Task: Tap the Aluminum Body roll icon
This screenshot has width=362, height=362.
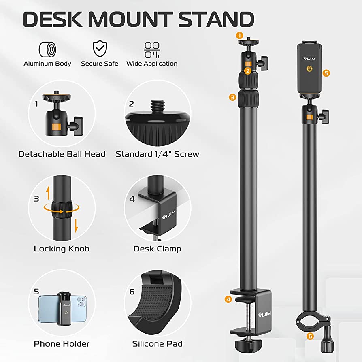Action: pyautogui.click(x=47, y=49)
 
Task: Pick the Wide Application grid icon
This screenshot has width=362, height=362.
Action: pyautogui.click(x=152, y=50)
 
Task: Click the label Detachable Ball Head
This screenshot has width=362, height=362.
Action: pyautogui.click(x=62, y=154)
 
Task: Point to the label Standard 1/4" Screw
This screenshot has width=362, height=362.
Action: pyautogui.click(x=157, y=154)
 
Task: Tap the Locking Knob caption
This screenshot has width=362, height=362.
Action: pyautogui.click(x=62, y=249)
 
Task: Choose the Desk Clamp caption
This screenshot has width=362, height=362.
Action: pyautogui.click(x=157, y=249)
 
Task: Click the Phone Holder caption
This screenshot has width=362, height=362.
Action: pyautogui.click(x=62, y=344)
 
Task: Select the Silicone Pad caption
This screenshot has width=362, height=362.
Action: pyautogui.click(x=157, y=344)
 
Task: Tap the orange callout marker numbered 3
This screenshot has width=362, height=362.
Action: pyautogui.click(x=232, y=97)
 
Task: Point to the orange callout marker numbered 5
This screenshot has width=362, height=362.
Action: pyautogui.click(x=326, y=73)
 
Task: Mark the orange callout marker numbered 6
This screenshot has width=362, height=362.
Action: pyautogui.click(x=310, y=336)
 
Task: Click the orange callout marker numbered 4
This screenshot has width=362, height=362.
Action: pyautogui.click(x=228, y=300)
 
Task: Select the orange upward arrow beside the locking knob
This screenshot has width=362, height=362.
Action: pyautogui.click(x=47, y=191)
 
